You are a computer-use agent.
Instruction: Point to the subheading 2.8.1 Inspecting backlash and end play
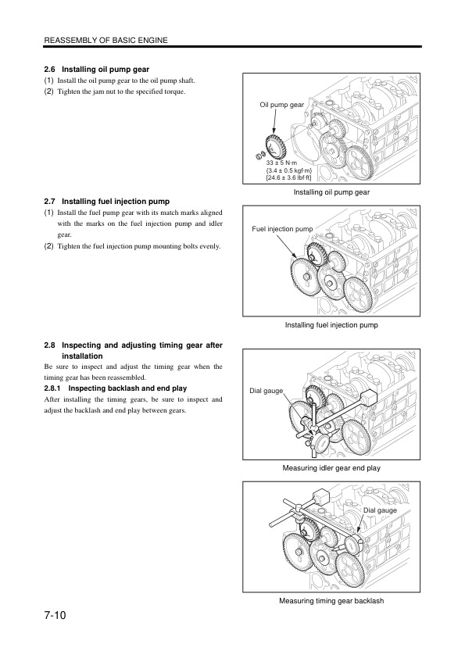(116, 388)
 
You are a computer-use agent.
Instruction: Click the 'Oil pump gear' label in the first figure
(281, 104)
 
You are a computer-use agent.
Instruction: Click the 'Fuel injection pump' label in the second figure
(282, 229)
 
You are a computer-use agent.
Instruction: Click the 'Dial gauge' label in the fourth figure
(381, 510)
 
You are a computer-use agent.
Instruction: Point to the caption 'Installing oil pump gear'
(331, 191)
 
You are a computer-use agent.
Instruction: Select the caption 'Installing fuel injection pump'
(331, 324)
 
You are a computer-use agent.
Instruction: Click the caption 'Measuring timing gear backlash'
(331, 601)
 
